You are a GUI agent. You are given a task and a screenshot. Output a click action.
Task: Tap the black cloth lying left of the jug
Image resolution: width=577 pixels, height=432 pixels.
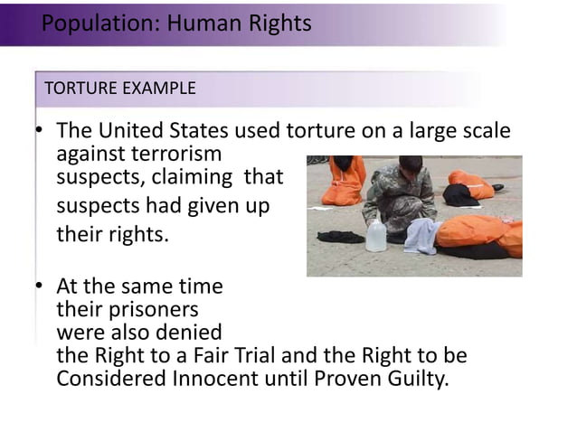point(340,237)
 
